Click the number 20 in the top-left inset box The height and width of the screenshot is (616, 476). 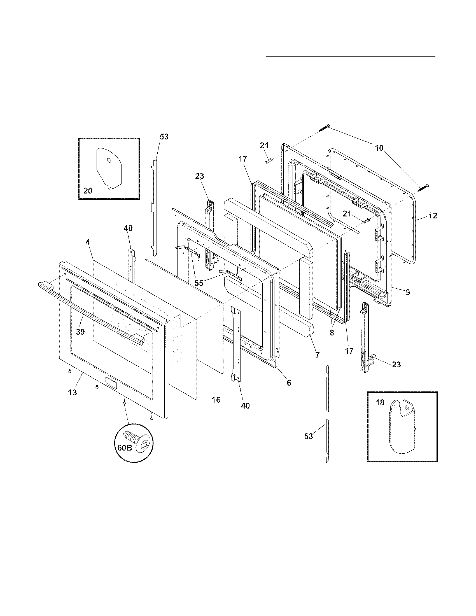coord(88,191)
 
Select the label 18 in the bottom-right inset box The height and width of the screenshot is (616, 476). coord(380,402)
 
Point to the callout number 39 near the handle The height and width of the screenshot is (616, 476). coord(80,332)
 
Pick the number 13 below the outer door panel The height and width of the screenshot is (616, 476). coord(73,392)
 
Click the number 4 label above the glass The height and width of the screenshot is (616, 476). coord(88,242)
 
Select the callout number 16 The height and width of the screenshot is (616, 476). coord(216,400)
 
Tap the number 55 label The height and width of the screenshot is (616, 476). coord(199,283)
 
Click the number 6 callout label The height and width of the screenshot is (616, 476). coord(289,383)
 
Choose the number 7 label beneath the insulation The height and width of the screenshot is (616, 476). coord(318,355)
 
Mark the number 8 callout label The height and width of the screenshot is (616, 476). coord(332,333)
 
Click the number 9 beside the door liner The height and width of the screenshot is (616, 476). coord(408,293)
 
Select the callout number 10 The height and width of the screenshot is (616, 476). coord(379,148)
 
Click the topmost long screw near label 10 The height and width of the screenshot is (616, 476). coord(324,128)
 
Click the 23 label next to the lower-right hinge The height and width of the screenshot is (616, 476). coord(396,365)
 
